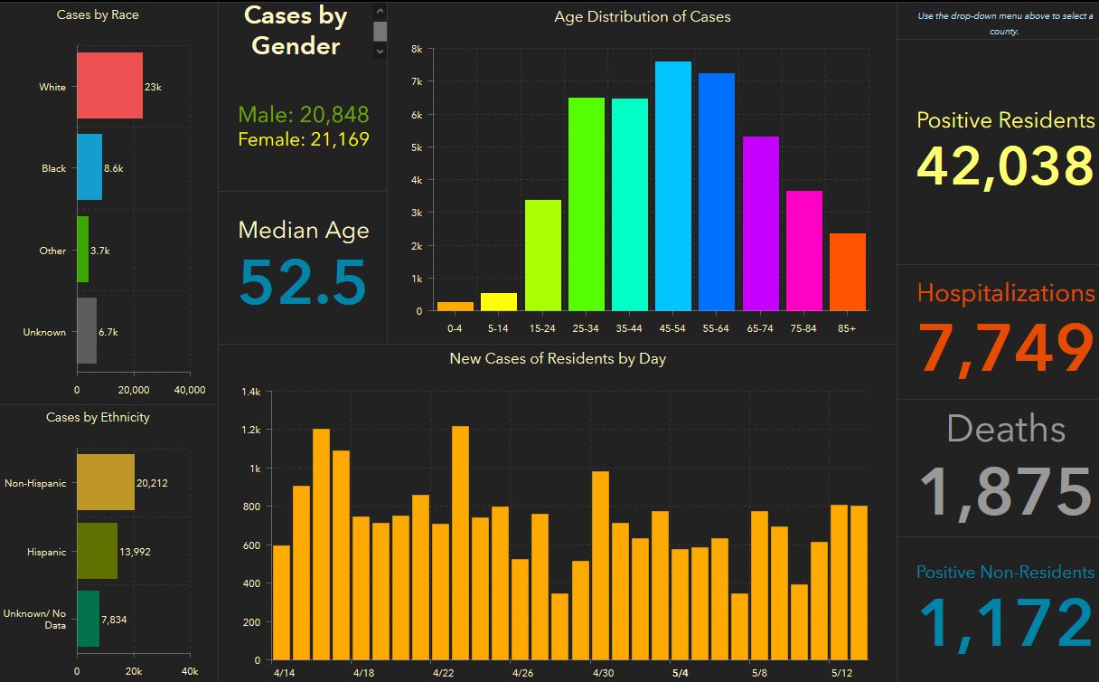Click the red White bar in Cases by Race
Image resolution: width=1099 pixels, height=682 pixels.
click(x=109, y=86)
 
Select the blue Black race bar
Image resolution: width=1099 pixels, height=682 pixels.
click(x=89, y=167)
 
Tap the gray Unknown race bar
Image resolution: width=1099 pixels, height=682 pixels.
click(x=86, y=331)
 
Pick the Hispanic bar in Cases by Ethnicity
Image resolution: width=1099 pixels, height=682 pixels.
click(x=97, y=551)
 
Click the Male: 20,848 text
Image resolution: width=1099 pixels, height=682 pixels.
click(x=304, y=114)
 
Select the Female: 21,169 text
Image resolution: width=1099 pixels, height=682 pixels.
click(x=304, y=139)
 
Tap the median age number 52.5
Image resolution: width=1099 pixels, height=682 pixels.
click(x=303, y=282)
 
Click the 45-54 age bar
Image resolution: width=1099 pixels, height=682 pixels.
click(x=673, y=186)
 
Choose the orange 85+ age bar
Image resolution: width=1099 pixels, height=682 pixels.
click(x=848, y=272)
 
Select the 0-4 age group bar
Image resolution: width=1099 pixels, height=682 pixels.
click(x=456, y=306)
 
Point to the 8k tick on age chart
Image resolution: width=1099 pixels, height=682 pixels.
click(x=417, y=49)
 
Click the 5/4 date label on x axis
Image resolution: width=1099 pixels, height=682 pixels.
click(x=681, y=673)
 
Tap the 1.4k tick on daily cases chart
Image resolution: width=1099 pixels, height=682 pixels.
click(x=250, y=392)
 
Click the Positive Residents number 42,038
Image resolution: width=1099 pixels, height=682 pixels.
click(x=1005, y=166)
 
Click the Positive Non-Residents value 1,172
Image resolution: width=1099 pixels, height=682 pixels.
click(x=1005, y=623)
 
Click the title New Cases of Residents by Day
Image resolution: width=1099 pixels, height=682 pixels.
click(x=558, y=359)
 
